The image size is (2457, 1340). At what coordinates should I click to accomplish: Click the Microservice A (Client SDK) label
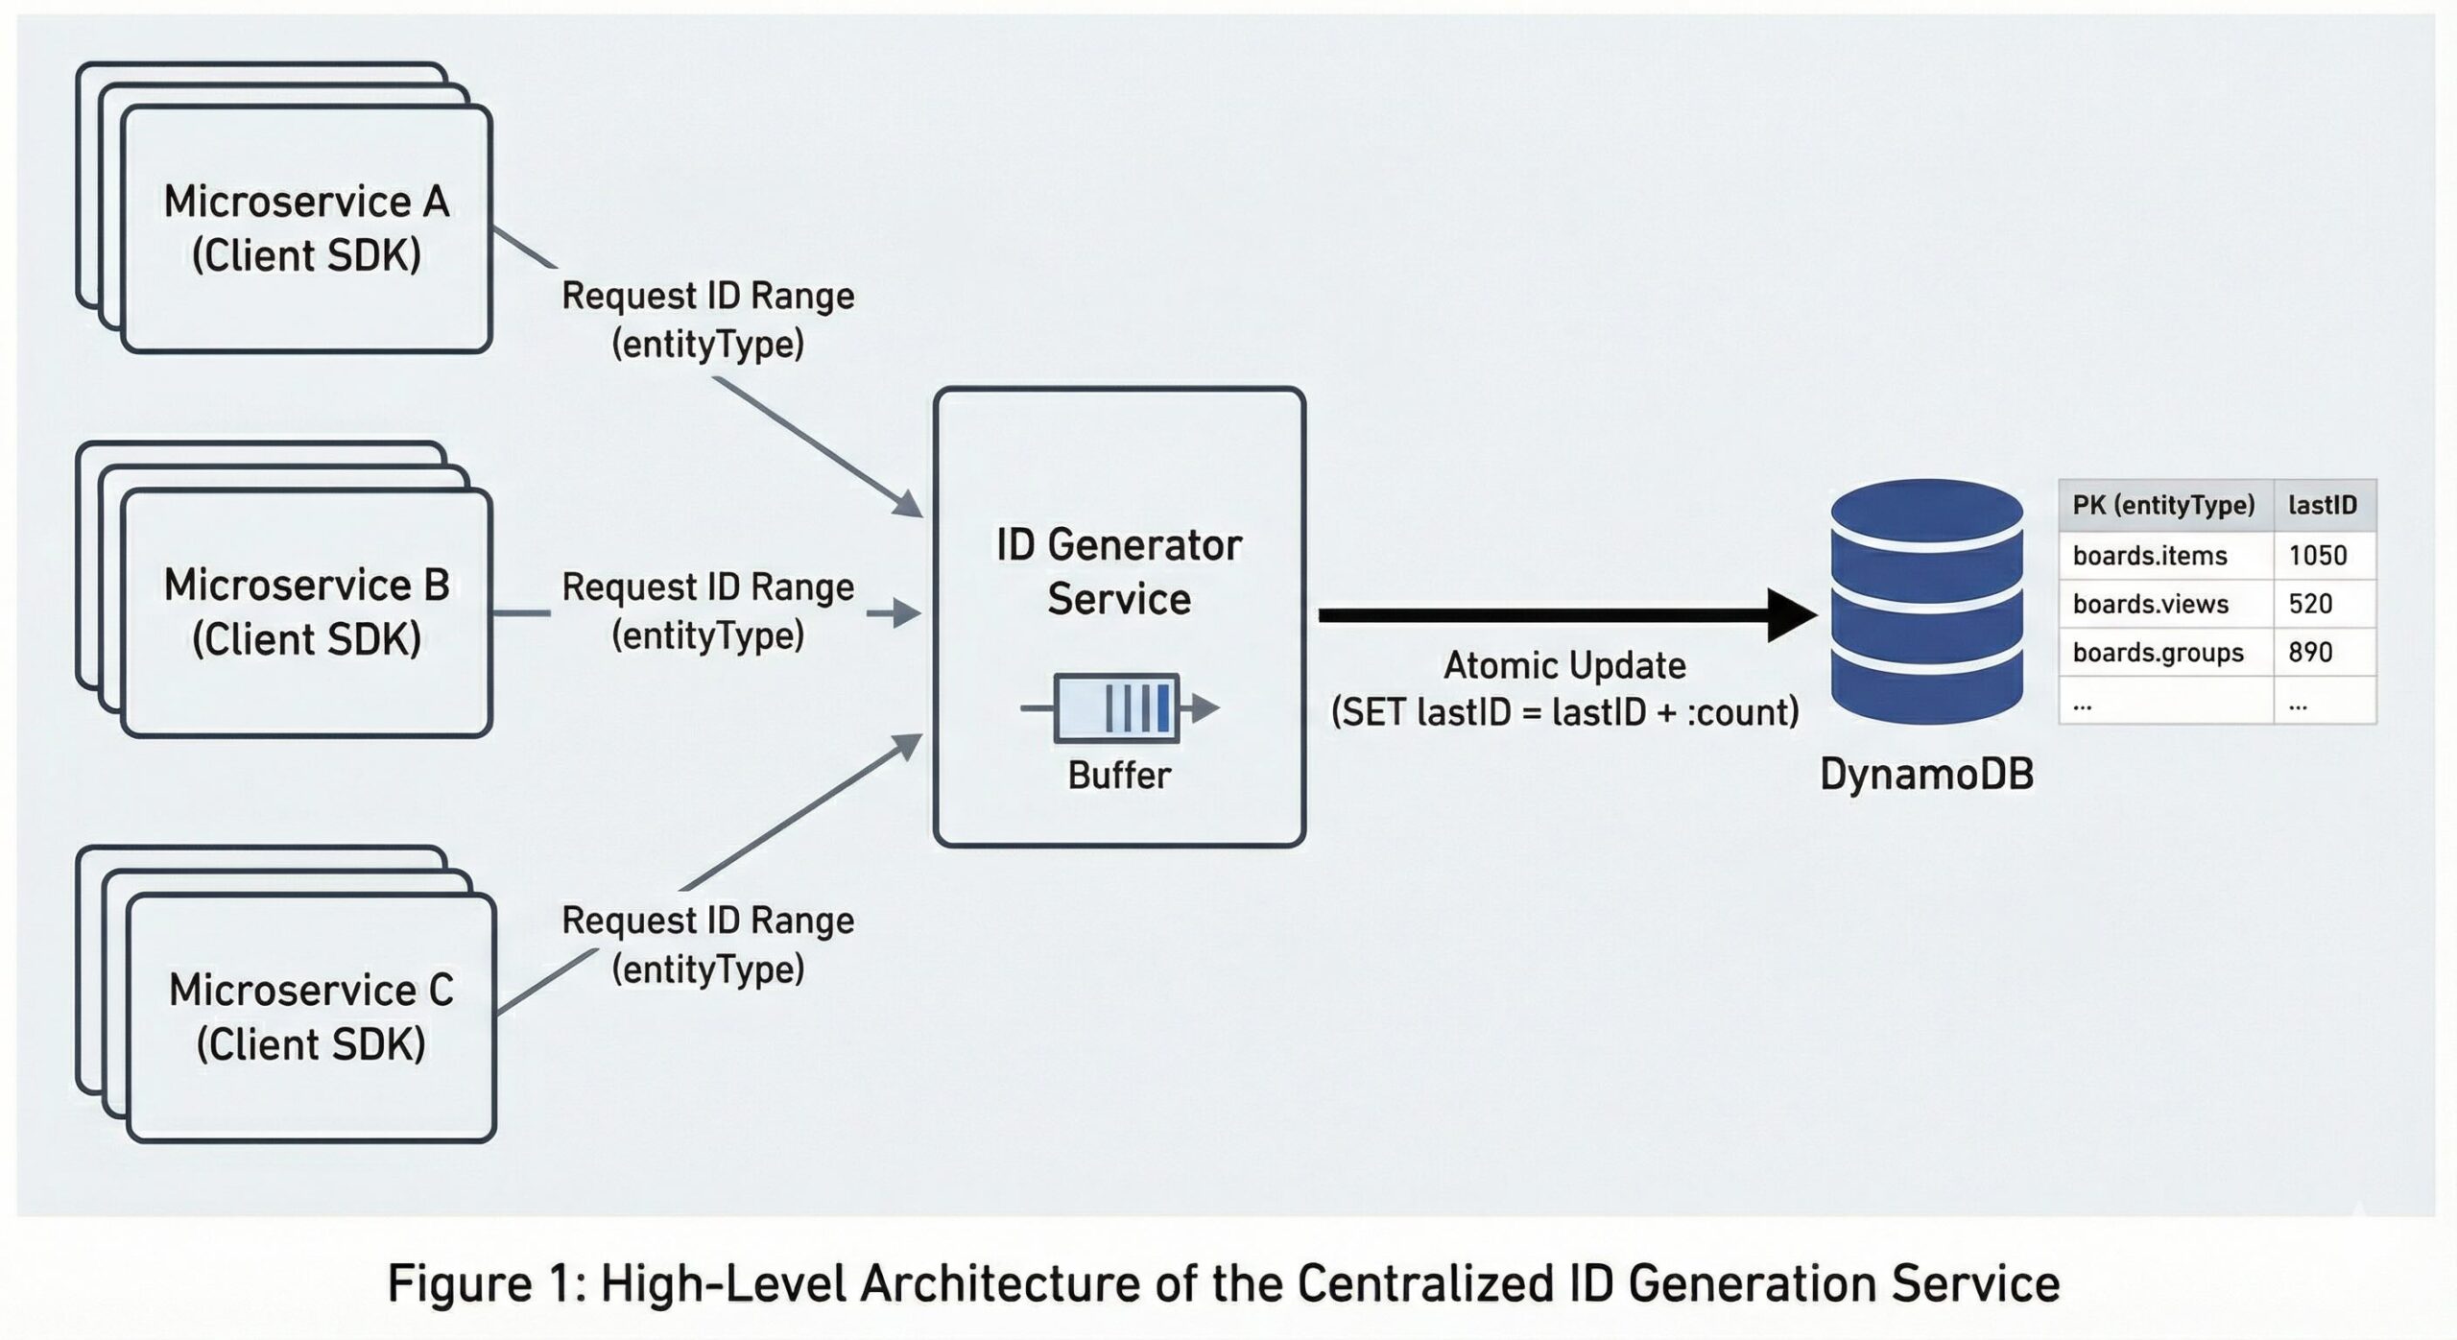pos(306,228)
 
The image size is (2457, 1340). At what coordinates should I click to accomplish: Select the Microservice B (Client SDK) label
pos(306,611)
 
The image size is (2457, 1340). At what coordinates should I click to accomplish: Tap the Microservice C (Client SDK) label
pos(311,1017)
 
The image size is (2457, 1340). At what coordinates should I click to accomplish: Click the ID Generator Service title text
pos(1119,571)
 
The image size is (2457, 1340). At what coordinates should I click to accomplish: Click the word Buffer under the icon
pos(1119,776)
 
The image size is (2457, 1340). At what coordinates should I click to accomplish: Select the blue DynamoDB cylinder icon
pos(1926,601)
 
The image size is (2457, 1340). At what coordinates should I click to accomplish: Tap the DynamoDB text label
pos(1926,775)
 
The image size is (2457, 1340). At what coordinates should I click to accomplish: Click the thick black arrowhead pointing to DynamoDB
pos(1791,615)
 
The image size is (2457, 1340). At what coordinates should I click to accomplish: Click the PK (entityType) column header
pos(2163,505)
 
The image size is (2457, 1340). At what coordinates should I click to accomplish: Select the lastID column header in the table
pos(2323,505)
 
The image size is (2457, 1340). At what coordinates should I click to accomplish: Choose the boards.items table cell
pos(2150,556)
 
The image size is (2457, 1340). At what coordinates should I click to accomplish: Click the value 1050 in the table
pos(2318,556)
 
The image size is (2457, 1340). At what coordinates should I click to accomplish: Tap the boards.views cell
pos(2150,604)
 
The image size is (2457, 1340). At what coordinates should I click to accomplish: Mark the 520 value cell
pos(2310,604)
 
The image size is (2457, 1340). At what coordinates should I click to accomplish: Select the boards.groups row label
pos(2158,653)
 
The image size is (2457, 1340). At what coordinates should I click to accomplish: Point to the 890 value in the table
pos(2310,653)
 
